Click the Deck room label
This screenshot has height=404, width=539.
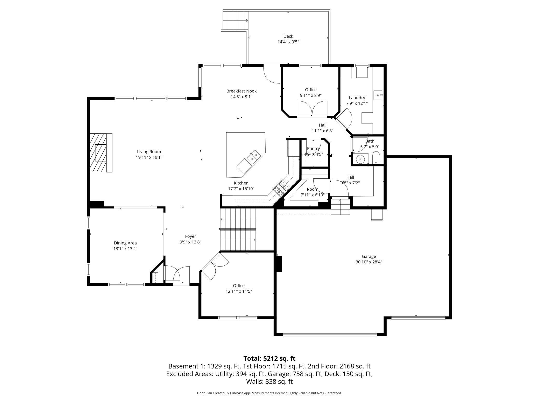[x=288, y=36]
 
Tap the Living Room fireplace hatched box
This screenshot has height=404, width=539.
[x=98, y=153]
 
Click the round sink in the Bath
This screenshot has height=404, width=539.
[x=360, y=159]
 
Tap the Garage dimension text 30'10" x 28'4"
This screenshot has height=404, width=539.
[x=368, y=262]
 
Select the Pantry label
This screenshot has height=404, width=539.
[x=313, y=148]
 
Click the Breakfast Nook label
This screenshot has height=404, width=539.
[x=241, y=91]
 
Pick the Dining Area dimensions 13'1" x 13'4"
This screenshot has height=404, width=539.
[x=125, y=249]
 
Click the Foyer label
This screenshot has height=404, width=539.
[x=190, y=236]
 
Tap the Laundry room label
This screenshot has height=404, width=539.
[x=357, y=98]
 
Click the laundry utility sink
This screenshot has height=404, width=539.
[x=378, y=95]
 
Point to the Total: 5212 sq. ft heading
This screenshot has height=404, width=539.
[x=269, y=358]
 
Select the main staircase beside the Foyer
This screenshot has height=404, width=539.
[x=238, y=229]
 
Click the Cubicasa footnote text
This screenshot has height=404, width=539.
[x=269, y=393]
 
